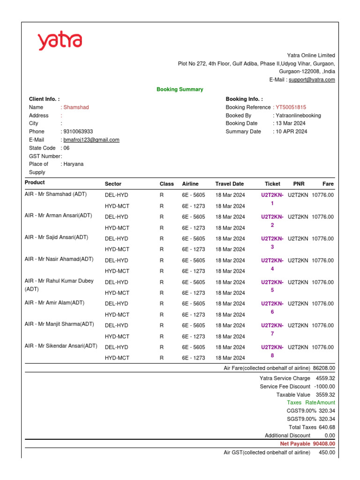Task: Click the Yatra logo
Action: pyautogui.click(x=60, y=41)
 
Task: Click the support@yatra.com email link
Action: pyautogui.click(x=312, y=80)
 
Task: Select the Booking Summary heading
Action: pyautogui.click(x=180, y=89)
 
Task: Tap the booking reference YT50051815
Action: pyautogui.click(x=291, y=107)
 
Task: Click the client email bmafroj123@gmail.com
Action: pyautogui.click(x=91, y=140)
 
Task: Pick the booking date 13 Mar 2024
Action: pyautogui.click(x=291, y=123)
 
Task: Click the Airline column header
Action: pyautogui.click(x=190, y=184)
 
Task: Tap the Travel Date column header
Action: pyautogui.click(x=230, y=184)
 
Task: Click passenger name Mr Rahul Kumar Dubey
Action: pyautogui.click(x=59, y=281)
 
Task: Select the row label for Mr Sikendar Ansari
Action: pyautogui.click(x=61, y=346)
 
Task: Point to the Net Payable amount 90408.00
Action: pyautogui.click(x=324, y=443)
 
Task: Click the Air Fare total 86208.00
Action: pyautogui.click(x=324, y=368)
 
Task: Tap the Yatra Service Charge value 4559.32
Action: pyautogui.click(x=325, y=378)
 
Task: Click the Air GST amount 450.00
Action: pyautogui.click(x=327, y=452)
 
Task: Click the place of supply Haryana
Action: pyautogui.click(x=74, y=164)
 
